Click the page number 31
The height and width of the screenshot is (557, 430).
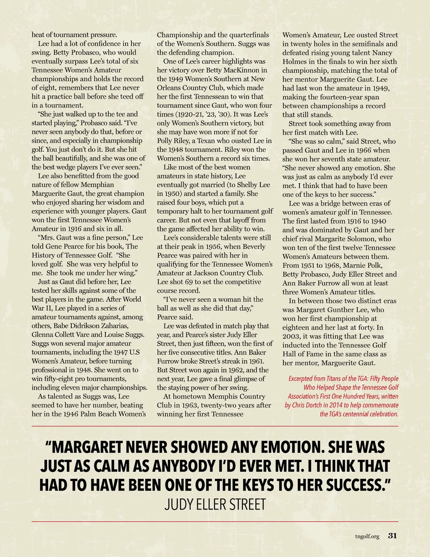pos(392,536)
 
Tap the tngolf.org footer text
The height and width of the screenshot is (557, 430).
pos(367,536)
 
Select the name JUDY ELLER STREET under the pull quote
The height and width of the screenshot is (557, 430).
pos(215,504)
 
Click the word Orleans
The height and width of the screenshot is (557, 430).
pos(170,88)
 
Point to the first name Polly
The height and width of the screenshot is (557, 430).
pos(165,141)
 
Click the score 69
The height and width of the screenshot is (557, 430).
pos(189,282)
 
